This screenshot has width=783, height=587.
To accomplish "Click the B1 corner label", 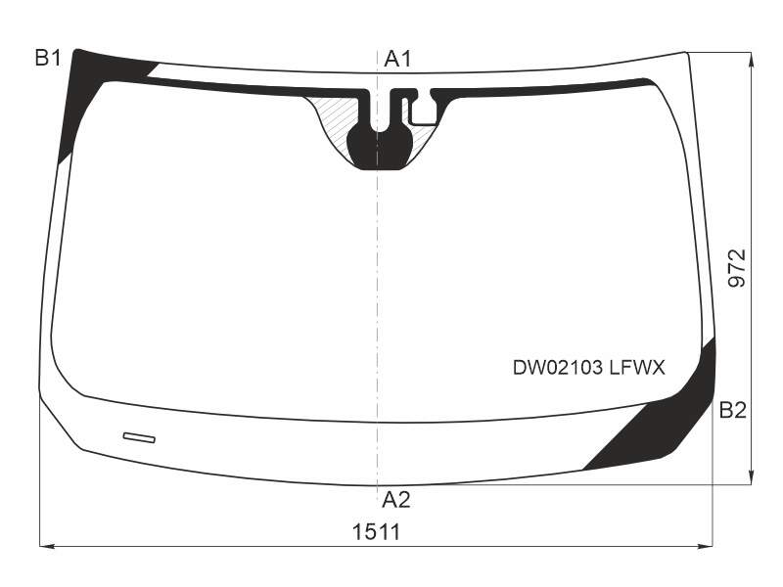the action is click(x=48, y=59).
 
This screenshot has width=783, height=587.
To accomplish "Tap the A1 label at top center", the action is click(x=397, y=60).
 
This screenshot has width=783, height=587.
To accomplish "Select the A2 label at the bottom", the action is click(x=396, y=500).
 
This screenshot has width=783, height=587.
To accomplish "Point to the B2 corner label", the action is click(x=732, y=410).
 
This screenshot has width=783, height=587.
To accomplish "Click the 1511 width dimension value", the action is click(x=377, y=532).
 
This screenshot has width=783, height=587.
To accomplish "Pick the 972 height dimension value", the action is click(x=737, y=268).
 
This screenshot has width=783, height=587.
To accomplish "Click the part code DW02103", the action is click(x=558, y=368).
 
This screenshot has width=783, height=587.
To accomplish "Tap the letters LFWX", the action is click(x=637, y=368).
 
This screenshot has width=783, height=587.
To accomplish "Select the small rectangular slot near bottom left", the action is click(x=139, y=437).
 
